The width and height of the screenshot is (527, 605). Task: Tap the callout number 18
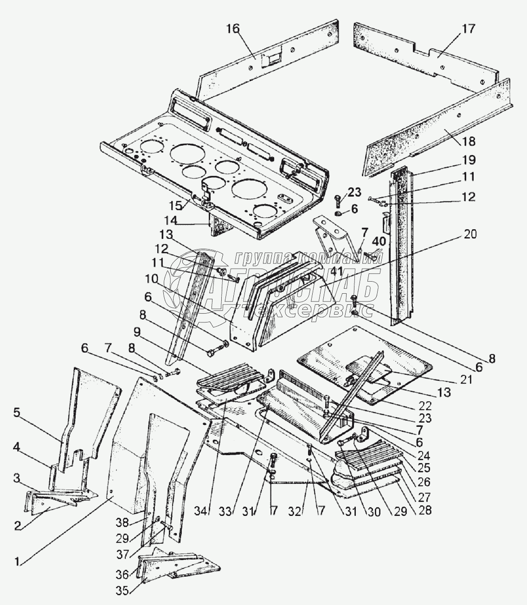click(x=469, y=141)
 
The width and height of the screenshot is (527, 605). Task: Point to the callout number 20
click(x=469, y=234)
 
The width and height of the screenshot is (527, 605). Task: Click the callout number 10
click(x=152, y=278)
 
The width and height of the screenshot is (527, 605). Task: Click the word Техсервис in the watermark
click(x=308, y=310)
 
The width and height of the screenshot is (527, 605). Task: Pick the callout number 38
click(x=122, y=522)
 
